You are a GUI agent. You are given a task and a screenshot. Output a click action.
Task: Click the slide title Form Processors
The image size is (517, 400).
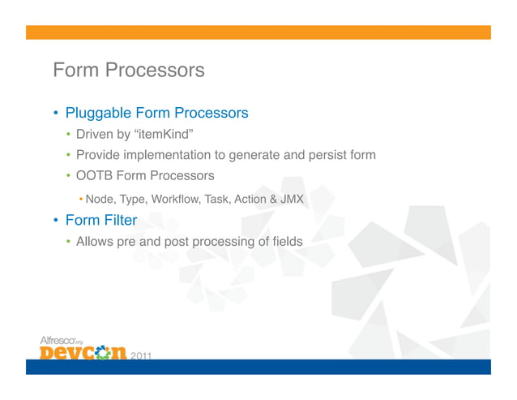tap(128, 71)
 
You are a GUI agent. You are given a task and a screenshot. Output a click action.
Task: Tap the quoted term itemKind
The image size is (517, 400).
tap(166, 134)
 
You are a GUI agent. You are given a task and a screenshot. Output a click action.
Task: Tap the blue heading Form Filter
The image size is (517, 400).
tap(101, 220)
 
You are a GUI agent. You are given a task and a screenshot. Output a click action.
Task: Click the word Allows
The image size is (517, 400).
tap(95, 241)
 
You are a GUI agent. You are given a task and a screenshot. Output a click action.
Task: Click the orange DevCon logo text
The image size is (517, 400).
tap(83, 354)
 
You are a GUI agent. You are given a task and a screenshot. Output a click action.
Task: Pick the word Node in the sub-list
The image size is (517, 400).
tap(100, 199)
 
